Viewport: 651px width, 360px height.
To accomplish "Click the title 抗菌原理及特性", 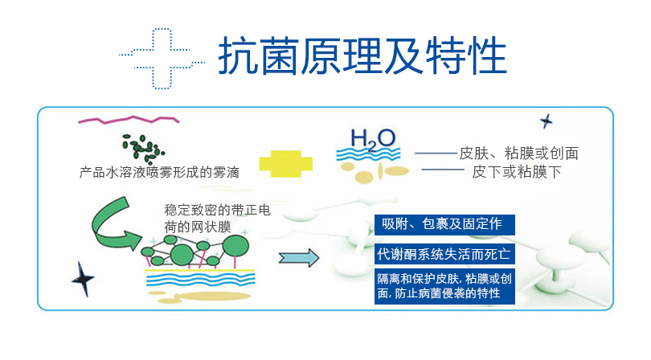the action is pyautogui.click(x=362, y=55).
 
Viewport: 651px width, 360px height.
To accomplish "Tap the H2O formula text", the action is pyautogui.click(x=373, y=139).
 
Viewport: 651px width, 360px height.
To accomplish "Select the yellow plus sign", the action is pyautogui.click(x=285, y=164).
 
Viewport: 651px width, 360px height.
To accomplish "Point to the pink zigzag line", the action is pyautogui.click(x=129, y=120).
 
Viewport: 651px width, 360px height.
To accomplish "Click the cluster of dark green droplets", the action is pyautogui.click(x=143, y=148).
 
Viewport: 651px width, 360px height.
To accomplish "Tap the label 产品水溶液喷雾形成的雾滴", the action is pyautogui.click(x=159, y=172).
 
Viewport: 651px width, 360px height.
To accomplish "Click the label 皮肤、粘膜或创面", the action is pyautogui.click(x=518, y=153).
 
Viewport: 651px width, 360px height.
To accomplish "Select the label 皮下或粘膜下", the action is pyautogui.click(x=517, y=171).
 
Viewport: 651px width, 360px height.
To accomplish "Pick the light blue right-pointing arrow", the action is pyautogui.click(x=299, y=258).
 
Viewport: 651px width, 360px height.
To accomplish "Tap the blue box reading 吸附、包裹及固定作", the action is pyautogui.click(x=444, y=225).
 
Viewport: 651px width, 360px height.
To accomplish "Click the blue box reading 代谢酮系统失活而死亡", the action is pyautogui.click(x=444, y=254).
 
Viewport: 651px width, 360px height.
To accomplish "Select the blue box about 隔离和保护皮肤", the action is pyautogui.click(x=444, y=287).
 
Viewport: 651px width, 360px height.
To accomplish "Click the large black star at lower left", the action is pyautogui.click(x=83, y=279).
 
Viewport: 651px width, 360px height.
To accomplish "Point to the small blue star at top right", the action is pyautogui.click(x=547, y=121).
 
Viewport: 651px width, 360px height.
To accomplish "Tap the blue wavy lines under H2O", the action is pyautogui.click(x=368, y=154).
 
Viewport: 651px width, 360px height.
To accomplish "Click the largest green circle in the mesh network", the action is pyautogui.click(x=235, y=246).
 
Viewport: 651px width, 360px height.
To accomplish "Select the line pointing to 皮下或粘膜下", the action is pyautogui.click(x=443, y=170).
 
